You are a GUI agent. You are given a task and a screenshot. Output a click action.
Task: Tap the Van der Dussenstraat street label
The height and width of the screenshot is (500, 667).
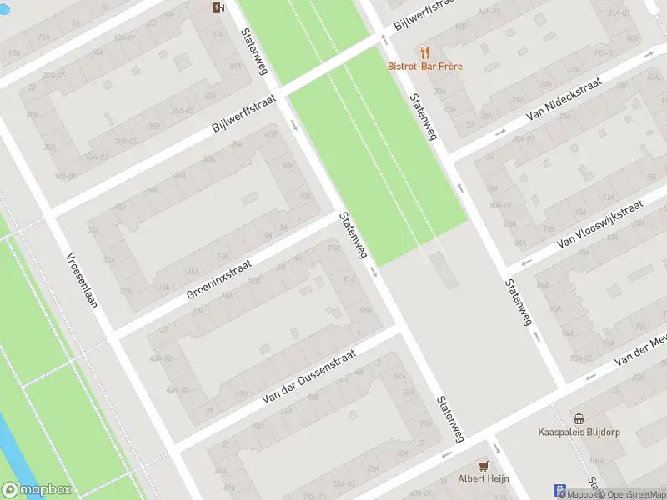tap(308, 377)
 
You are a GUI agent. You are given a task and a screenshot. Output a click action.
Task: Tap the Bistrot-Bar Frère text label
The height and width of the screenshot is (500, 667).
tap(424, 67)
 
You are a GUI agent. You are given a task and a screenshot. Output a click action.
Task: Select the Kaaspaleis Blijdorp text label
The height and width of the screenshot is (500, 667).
tap(578, 432)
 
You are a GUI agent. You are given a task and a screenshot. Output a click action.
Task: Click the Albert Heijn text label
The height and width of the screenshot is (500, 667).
tap(482, 478)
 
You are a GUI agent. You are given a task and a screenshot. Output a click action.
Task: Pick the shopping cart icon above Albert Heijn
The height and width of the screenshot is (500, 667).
tap(482, 464)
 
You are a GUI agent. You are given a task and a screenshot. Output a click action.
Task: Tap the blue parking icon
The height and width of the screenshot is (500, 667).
tap(559, 492)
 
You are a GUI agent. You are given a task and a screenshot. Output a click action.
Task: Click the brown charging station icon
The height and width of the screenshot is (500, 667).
tap(218, 7)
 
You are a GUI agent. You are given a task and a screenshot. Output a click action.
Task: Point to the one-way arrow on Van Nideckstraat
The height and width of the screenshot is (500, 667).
tap(500, 132)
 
